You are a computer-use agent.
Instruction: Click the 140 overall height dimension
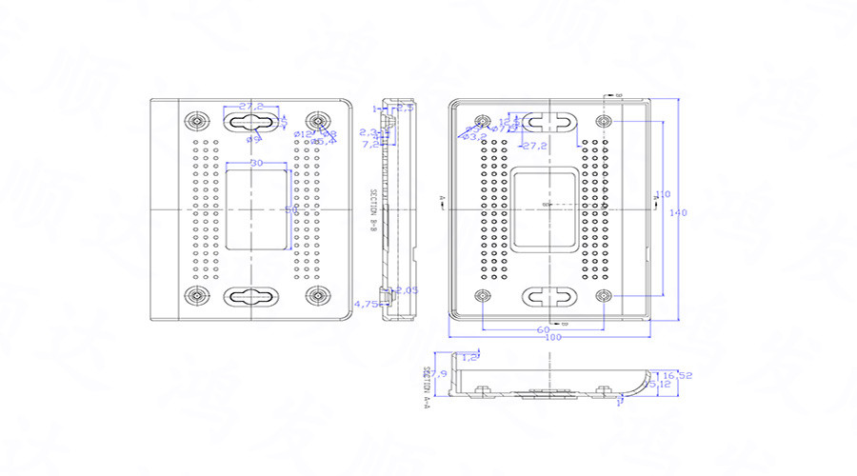[x=678, y=212]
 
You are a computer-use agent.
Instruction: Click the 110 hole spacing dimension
[x=664, y=193]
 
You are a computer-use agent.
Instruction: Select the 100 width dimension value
[x=552, y=338]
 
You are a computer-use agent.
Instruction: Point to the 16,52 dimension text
[x=678, y=375]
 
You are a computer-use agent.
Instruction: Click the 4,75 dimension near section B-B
[x=366, y=304]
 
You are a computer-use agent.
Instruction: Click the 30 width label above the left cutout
[x=256, y=164]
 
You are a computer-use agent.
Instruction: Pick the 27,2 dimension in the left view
[x=251, y=106]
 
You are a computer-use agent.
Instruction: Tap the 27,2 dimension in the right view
[x=534, y=146]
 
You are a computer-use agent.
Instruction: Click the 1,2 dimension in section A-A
[x=468, y=356]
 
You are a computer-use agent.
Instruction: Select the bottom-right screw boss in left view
[x=315, y=295]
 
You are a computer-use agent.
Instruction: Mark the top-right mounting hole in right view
[x=605, y=122]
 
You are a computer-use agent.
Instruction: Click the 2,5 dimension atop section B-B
[x=405, y=108]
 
